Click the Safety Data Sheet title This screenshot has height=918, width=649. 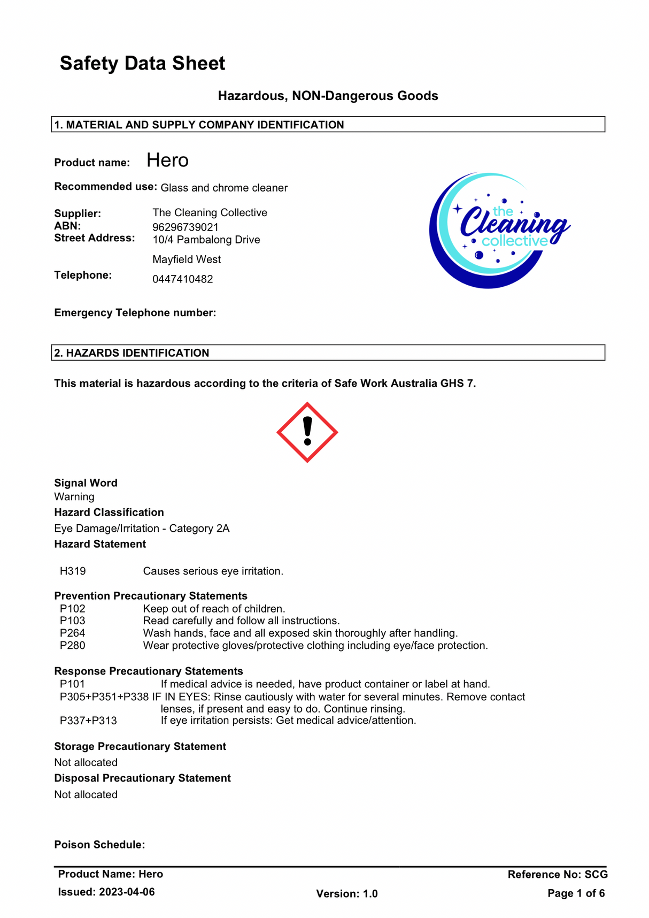pos(142,64)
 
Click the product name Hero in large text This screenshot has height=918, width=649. pos(167,160)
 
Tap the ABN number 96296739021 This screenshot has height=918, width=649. pos(186,227)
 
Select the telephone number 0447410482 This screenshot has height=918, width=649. pos(182,279)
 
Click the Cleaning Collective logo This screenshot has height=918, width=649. pos(498,231)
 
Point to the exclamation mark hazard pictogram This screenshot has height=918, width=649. pos(307,432)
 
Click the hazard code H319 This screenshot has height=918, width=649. pos(73,571)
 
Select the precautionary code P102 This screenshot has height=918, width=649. pos(73,609)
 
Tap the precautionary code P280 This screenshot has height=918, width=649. pos(73,646)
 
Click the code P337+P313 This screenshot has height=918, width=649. pos(88,721)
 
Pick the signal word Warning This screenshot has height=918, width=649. pos(74,497)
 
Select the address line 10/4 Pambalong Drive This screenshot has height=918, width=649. pos(206,240)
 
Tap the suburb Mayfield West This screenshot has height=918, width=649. pos(187,259)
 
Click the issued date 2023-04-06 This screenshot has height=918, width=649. pos(127,892)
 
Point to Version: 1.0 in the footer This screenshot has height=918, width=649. pos(347,893)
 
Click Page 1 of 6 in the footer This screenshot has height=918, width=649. pos(576,893)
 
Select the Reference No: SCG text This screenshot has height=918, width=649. pos(558,874)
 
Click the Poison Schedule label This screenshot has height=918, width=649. pos(99,845)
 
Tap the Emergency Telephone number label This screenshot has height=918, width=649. pos(135,313)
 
